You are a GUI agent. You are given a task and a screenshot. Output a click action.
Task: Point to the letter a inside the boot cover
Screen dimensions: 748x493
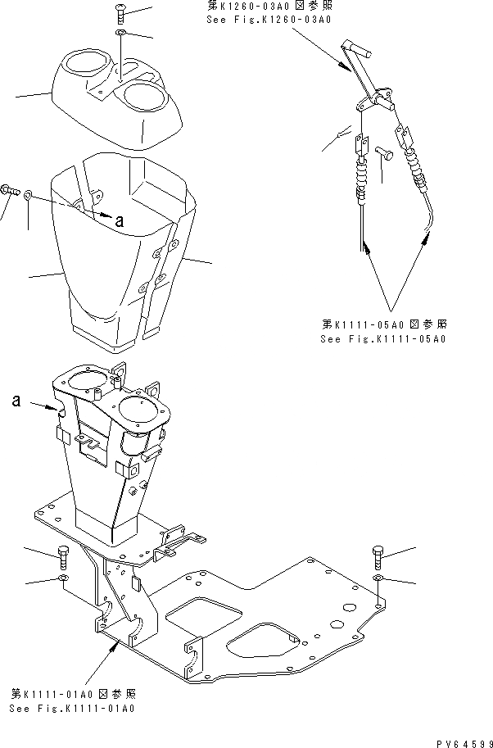point(120,220)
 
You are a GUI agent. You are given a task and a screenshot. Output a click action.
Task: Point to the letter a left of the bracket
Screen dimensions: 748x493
point(16,401)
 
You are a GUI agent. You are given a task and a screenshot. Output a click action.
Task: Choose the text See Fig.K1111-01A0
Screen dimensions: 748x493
point(72,709)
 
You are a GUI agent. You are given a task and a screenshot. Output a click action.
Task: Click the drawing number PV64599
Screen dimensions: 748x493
point(464,741)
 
